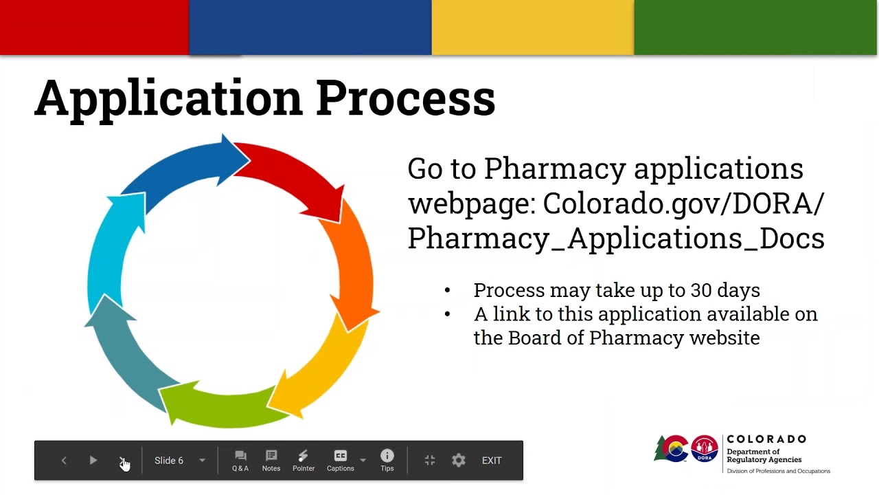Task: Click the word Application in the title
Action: click(168, 98)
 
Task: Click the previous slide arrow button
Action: click(64, 461)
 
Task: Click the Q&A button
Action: click(240, 460)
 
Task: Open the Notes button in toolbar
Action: click(271, 460)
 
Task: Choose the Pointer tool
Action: click(304, 460)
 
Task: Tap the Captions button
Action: click(340, 460)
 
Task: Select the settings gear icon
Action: click(459, 461)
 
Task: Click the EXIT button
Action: click(492, 461)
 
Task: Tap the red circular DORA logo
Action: click(704, 450)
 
